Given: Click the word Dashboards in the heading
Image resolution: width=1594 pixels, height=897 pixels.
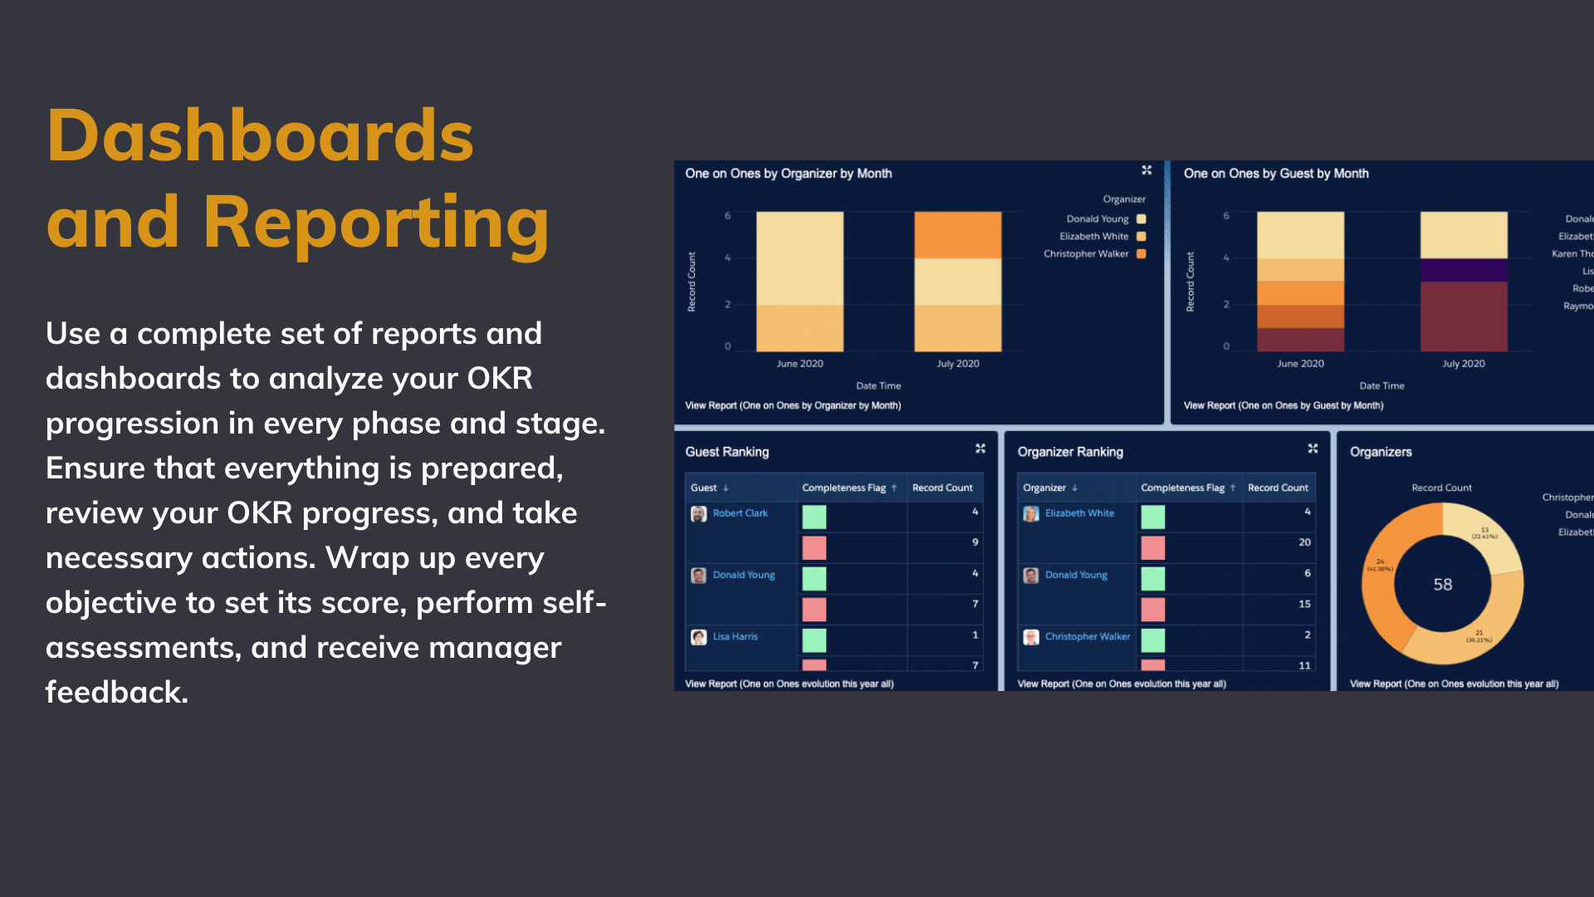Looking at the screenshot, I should (259, 136).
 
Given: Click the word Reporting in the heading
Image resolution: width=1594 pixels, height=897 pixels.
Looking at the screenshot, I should (375, 223).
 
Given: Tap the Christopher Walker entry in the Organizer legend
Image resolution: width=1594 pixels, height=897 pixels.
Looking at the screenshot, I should (1086, 254).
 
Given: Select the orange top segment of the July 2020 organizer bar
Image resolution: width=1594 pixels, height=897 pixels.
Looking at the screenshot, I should (957, 235).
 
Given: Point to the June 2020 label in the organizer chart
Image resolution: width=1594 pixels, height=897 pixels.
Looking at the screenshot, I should (799, 364).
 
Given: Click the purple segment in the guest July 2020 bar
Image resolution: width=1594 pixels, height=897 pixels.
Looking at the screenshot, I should (1463, 271).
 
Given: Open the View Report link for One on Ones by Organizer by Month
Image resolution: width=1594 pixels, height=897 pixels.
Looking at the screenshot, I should (792, 406).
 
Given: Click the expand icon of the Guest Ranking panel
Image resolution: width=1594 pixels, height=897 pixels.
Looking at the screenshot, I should (980, 448).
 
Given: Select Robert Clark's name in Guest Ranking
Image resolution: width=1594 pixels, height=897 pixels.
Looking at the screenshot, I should (740, 513).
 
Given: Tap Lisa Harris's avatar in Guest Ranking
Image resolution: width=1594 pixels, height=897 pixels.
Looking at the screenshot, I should (699, 637).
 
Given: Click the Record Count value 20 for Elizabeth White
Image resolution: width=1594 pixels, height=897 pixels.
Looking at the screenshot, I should (1304, 542).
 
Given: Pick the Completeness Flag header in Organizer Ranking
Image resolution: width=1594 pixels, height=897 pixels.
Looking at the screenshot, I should (1182, 488).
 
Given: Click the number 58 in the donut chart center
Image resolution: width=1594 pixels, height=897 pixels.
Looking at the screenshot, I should (1443, 585).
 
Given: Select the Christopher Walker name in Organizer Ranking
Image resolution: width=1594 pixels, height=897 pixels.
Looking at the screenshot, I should (1087, 637).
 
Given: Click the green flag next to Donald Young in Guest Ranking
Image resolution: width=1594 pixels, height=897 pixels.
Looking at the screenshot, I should (814, 578).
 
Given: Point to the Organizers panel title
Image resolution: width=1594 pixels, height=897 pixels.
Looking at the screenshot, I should (1381, 452).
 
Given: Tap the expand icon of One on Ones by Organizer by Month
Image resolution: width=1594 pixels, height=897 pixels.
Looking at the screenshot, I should (1147, 170).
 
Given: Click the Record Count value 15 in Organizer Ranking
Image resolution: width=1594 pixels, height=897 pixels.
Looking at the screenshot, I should (1304, 605).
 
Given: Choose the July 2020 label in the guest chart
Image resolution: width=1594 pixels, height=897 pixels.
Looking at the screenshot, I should (1463, 364).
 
